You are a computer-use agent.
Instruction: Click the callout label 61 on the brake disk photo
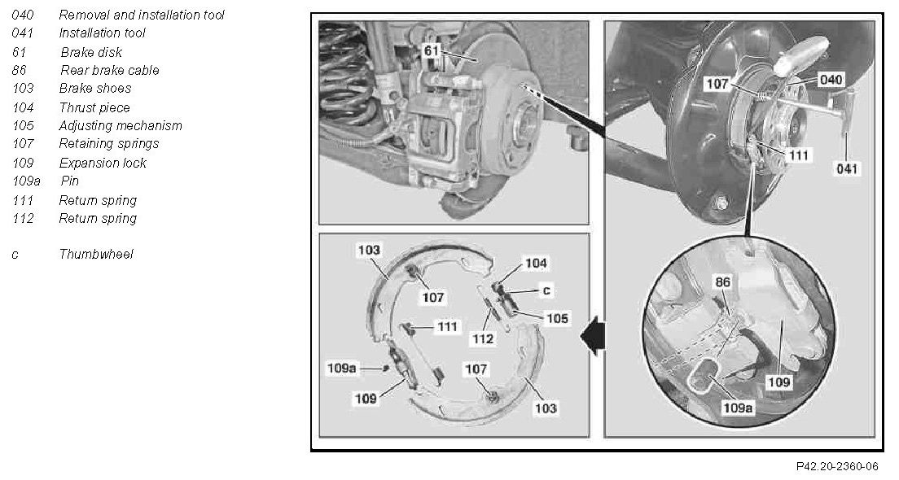[431, 51]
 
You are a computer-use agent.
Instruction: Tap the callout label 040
[831, 80]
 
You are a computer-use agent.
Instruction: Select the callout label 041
[846, 168]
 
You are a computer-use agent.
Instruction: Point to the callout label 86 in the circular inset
[722, 281]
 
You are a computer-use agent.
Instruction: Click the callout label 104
[536, 263]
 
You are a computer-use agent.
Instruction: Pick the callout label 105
[557, 318]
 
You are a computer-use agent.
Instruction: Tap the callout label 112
[483, 339]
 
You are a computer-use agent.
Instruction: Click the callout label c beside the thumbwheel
[546, 291]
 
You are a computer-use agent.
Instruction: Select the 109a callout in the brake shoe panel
[341, 369]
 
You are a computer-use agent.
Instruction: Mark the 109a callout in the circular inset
[737, 408]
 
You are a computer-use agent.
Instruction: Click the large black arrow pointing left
[593, 336]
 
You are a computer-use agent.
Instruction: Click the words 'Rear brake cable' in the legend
[109, 71]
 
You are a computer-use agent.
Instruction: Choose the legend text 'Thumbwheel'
[96, 254]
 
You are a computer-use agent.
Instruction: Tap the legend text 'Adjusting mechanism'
[121, 125]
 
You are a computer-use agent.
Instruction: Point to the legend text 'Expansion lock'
[103, 163]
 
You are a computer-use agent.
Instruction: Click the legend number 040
[22, 15]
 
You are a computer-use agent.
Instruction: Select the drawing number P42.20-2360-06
[836, 467]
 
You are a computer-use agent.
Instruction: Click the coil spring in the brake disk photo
[346, 75]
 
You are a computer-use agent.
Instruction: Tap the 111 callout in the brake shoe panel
[447, 326]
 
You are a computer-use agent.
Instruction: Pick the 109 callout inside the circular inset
[778, 382]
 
